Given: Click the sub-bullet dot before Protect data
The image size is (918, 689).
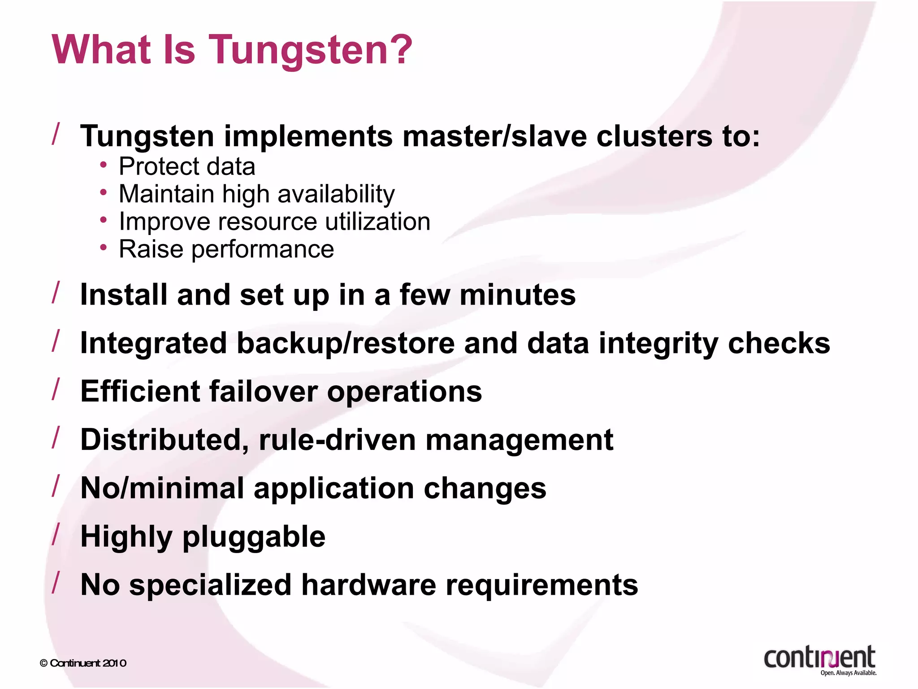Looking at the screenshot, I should pos(104,166).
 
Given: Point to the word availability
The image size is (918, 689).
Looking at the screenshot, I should pos(336,194).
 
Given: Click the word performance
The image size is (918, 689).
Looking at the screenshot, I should pos(263,249).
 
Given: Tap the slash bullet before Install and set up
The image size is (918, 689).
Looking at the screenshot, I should pos(56,292).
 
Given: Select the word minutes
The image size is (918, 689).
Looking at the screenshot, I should pos(517,295).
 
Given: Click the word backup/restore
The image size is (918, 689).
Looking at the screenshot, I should pos(345,344).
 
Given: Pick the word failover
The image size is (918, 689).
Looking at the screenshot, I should pos(263,391).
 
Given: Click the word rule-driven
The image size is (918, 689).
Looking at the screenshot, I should pos(337,440).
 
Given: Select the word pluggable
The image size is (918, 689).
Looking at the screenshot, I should pos(254,537).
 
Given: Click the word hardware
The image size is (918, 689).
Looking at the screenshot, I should pos(368,585).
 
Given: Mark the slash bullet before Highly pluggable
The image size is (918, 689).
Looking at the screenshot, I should pos(56,535).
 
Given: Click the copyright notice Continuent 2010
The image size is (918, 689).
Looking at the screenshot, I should pos(83,663).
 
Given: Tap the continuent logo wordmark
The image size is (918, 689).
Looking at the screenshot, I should pos(819,658).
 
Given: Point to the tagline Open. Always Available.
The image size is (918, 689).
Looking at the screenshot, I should pos(848,673).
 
